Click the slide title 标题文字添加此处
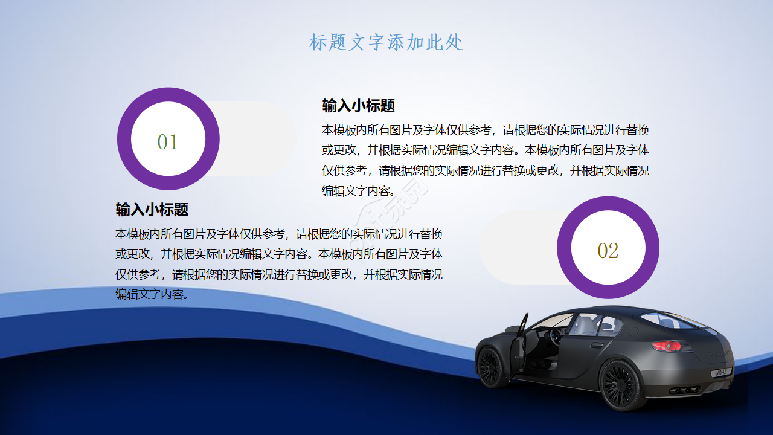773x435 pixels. click(x=386, y=42)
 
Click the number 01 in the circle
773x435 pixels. click(x=168, y=142)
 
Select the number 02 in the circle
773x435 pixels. click(x=608, y=251)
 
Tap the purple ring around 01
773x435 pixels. click(x=124, y=139)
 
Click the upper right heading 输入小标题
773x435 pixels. click(x=358, y=106)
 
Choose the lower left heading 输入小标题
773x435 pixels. click(x=152, y=210)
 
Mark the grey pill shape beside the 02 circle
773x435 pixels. click(x=519, y=248)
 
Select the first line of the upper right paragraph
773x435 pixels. click(x=485, y=130)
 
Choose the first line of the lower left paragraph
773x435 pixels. click(x=278, y=234)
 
